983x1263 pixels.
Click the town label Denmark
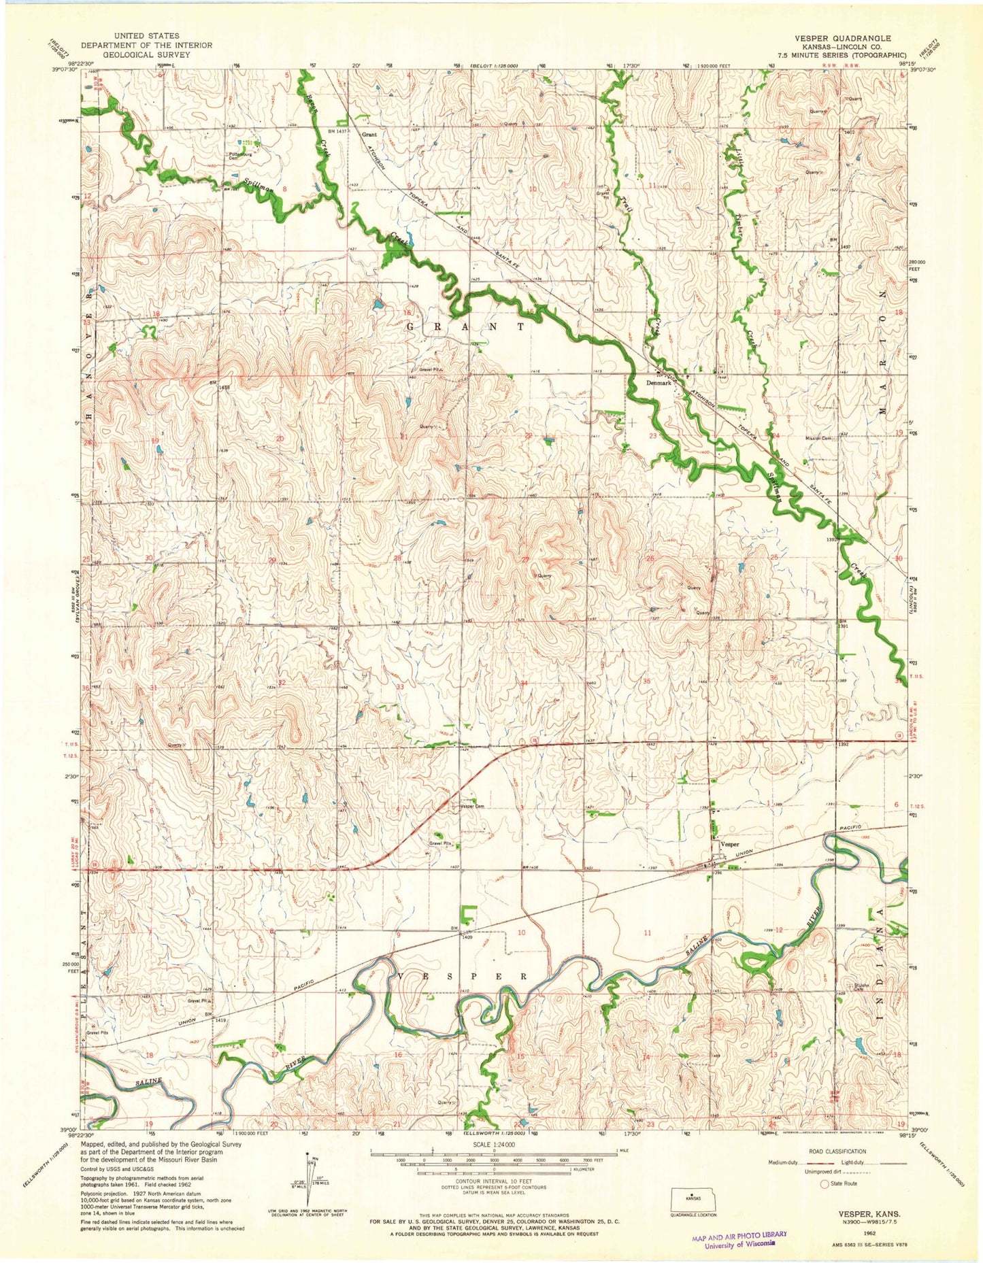[x=658, y=384]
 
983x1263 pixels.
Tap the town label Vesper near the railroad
[x=730, y=844]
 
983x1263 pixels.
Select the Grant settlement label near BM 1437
[x=369, y=135]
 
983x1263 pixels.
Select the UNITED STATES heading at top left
[x=147, y=35]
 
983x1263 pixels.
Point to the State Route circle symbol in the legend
[x=826, y=1183]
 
